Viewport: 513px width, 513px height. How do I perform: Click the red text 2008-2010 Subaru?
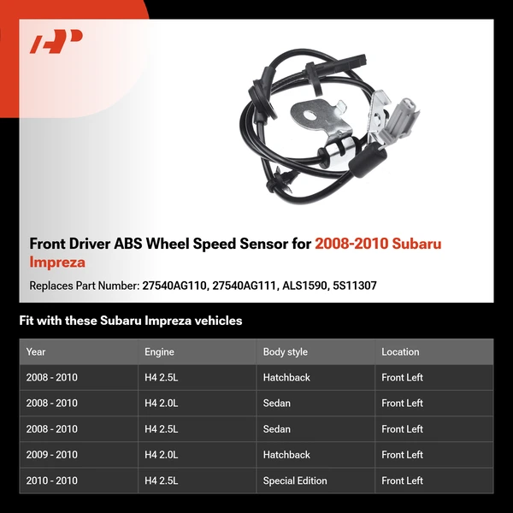pyautogui.click(x=378, y=244)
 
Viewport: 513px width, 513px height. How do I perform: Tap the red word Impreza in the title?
pyautogui.click(x=57, y=262)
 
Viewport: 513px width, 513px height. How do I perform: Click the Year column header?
pyautogui.click(x=36, y=351)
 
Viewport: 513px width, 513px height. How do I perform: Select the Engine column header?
pyautogui.click(x=159, y=351)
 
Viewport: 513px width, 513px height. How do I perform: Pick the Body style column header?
pyautogui.click(x=286, y=351)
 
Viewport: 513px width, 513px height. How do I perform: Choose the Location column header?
pyautogui.click(x=400, y=351)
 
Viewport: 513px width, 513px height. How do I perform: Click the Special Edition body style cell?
pyautogui.click(x=295, y=481)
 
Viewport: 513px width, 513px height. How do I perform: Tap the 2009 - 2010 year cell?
pyautogui.click(x=51, y=455)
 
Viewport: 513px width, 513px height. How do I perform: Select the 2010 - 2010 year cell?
pyautogui.click(x=51, y=481)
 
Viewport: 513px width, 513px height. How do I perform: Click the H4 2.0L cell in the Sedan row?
pyautogui.click(x=162, y=403)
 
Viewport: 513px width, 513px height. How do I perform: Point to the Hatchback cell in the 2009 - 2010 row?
pyautogui.click(x=286, y=455)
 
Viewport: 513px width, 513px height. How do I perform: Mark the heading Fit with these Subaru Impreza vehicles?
pyautogui.click(x=131, y=321)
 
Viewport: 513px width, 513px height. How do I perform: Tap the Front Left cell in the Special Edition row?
pyautogui.click(x=402, y=481)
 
